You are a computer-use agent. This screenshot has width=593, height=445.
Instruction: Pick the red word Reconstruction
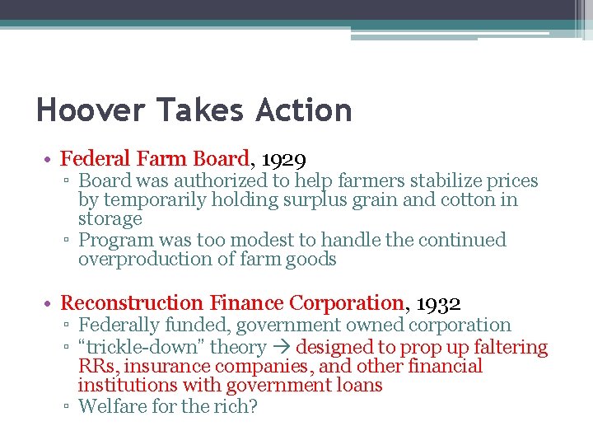pos(132,303)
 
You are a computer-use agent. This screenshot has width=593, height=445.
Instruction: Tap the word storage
pos(110,219)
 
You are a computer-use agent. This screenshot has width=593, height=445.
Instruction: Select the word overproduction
pos(143,260)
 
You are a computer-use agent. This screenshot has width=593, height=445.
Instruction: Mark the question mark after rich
pos(253,407)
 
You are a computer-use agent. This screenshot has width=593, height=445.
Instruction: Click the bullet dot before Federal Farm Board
pos(51,160)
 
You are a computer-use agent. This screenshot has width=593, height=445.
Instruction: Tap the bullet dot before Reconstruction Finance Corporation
pos(51,304)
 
